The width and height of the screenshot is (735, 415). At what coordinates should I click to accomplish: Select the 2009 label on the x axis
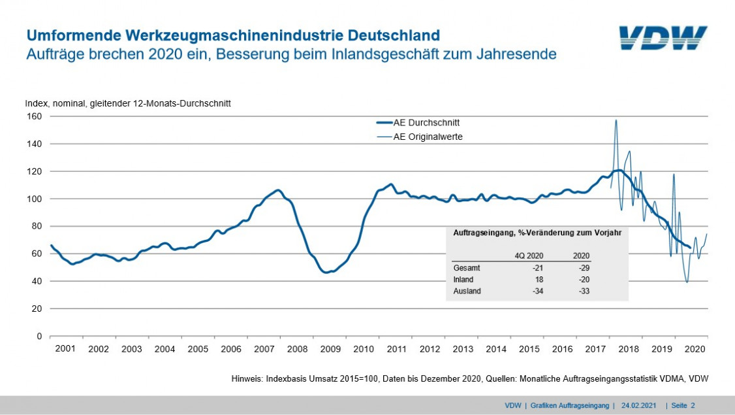click(330, 350)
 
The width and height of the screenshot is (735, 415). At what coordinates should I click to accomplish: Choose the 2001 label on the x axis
click(65, 350)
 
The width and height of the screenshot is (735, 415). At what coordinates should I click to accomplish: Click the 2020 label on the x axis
click(693, 350)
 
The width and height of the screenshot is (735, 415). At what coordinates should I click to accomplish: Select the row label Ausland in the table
click(467, 291)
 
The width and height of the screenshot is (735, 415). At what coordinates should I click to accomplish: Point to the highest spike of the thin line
click(616, 120)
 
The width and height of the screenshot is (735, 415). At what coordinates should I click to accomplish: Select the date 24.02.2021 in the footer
click(639, 406)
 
